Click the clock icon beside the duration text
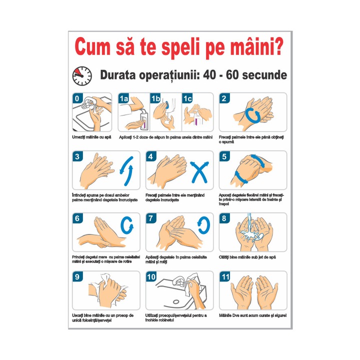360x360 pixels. pyautogui.click(x=82, y=75)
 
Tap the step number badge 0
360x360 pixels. pyautogui.click(x=76, y=98)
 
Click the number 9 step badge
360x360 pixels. pyautogui.click(x=76, y=276)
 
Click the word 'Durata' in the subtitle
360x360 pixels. pyautogui.click(x=120, y=75)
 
